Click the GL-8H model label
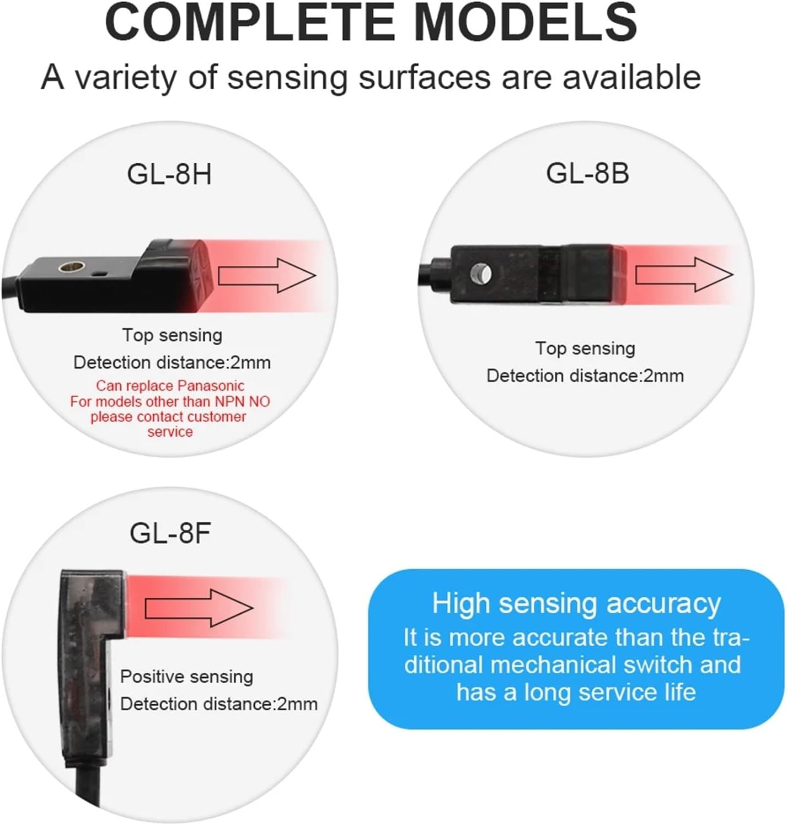[x=169, y=174]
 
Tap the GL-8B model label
[x=587, y=173]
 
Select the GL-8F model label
[x=170, y=533]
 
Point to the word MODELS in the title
[x=526, y=23]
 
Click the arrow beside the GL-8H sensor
[x=267, y=276]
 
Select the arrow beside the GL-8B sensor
[x=684, y=275]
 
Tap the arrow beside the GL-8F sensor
[x=199, y=608]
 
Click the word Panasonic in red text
[x=212, y=385]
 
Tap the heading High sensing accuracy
[x=576, y=603]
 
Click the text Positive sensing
[x=186, y=677]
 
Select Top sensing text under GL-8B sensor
[x=585, y=349]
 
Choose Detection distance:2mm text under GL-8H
[x=172, y=363]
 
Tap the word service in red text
[x=170, y=432]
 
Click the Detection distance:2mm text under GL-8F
[x=219, y=704]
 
